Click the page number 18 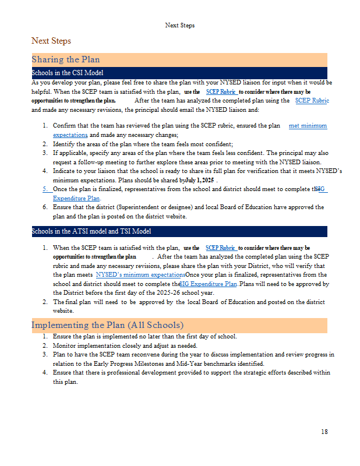(x=324, y=432)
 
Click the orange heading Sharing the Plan (x=66, y=59)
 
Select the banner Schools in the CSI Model (x=68, y=73)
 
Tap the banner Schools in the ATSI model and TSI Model (x=91, y=231)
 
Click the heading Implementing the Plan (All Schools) (x=107, y=324)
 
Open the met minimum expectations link (x=308, y=126)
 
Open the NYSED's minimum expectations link (x=140, y=274)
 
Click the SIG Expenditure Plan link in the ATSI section (x=209, y=284)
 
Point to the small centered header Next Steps (x=180, y=25)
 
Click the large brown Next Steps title (x=51, y=41)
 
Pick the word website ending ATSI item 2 (x=63, y=311)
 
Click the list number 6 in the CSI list (x=45, y=207)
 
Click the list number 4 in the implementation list (x=45, y=373)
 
